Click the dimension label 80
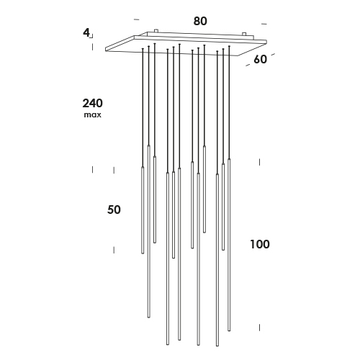coord(200,21)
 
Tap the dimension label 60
coord(260,59)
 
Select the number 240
coord(93,104)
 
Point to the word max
coord(93,115)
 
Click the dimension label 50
coord(114,210)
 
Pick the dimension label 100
coord(260,244)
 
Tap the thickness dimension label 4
coord(86,32)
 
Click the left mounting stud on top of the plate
coord(156,31)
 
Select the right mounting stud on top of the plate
coord(244,34)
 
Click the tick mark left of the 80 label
coord(136,19)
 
